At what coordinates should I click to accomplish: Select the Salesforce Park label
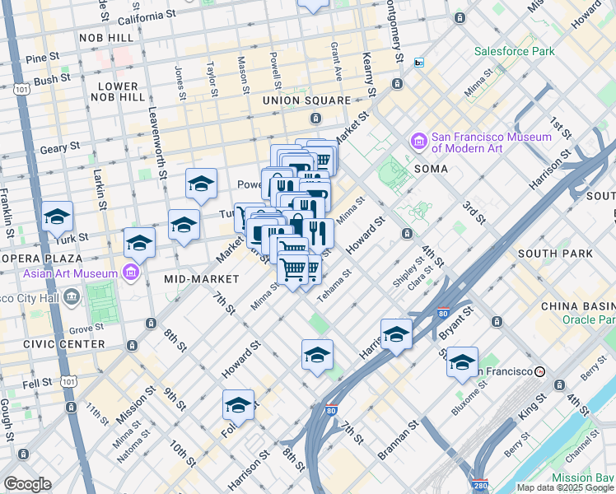515,51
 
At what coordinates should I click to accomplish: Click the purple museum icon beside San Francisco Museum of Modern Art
418,142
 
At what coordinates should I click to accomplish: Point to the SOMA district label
432,169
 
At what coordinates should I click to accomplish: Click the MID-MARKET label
201,280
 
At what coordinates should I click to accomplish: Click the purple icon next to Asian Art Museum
129,271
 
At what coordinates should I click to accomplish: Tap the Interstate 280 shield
481,486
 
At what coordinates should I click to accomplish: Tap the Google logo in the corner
28,484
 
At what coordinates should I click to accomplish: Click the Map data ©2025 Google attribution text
564,487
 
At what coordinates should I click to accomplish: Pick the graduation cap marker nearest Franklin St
57,217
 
